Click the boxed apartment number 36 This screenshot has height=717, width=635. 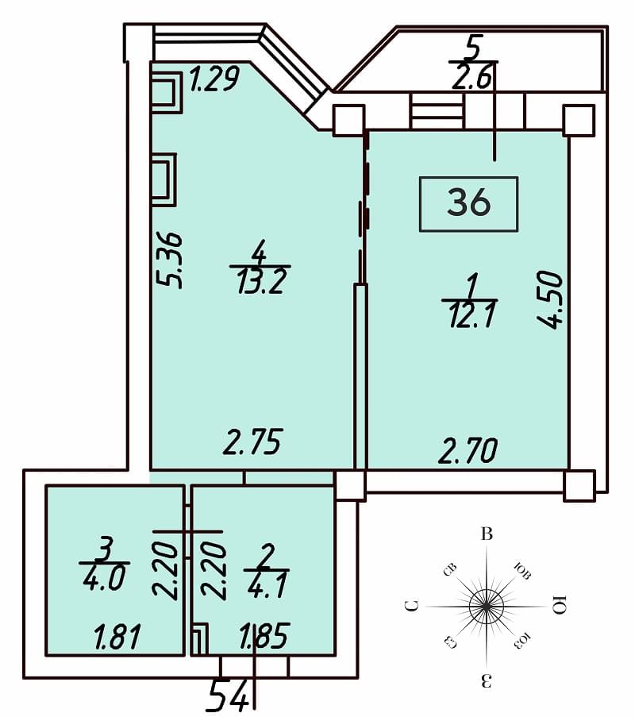(x=468, y=202)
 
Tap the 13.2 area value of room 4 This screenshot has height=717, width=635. (x=261, y=281)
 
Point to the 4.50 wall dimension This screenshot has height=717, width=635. (x=549, y=299)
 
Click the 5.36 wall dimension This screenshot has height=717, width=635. (x=170, y=260)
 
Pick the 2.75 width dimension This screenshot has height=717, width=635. (x=253, y=441)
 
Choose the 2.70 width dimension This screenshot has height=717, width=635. (x=468, y=450)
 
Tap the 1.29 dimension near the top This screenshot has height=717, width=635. (x=214, y=79)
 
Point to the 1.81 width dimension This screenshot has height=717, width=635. (x=117, y=637)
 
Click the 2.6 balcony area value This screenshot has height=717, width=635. (x=471, y=77)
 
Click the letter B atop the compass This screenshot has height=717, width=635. (x=487, y=534)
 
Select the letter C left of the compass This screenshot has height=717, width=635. (x=413, y=607)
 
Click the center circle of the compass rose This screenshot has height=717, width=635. (x=487, y=607)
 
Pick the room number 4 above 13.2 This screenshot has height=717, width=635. (x=259, y=252)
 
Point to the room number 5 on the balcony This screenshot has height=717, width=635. (x=473, y=48)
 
